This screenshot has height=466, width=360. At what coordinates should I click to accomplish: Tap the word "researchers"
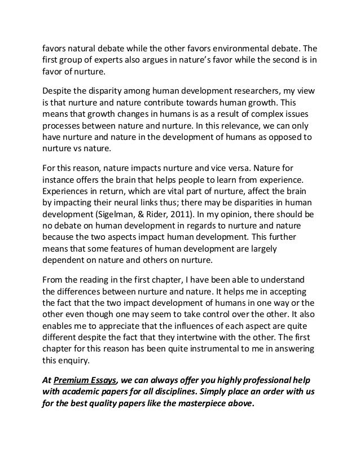[244, 91]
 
